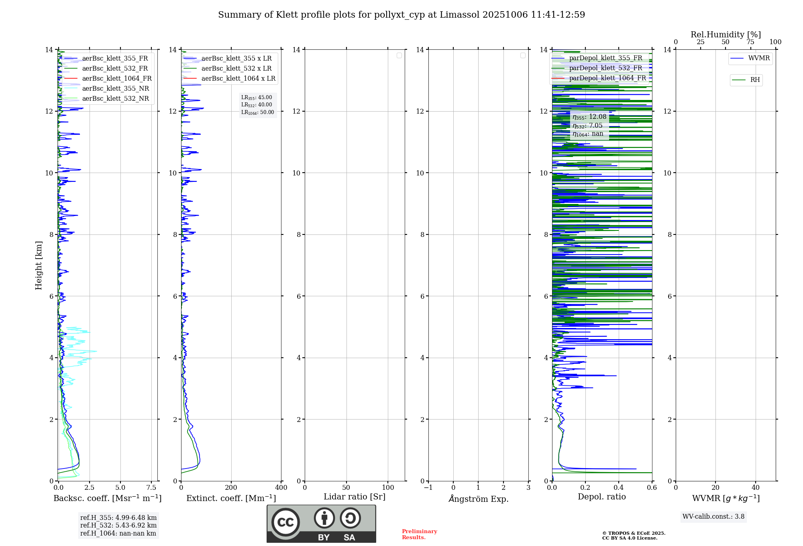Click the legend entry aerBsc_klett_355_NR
pyautogui.click(x=115, y=89)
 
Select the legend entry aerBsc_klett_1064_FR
pyautogui.click(x=116, y=79)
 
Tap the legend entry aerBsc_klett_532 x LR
pyautogui.click(x=236, y=69)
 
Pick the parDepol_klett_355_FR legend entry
pyautogui.click(x=605, y=58)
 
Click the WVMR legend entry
pyautogui.click(x=759, y=58)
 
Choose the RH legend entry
pyautogui.click(x=755, y=80)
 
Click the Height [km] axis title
pyautogui.click(x=39, y=265)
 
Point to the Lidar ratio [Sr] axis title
pyautogui.click(x=355, y=497)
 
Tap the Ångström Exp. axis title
pyautogui.click(x=478, y=499)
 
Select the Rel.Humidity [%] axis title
pyautogui.click(x=726, y=35)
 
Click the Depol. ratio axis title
pyautogui.click(x=601, y=497)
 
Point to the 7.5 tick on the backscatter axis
pyautogui.click(x=151, y=488)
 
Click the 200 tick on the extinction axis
pyautogui.click(x=231, y=488)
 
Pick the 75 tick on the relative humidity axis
pyautogui.click(x=750, y=42)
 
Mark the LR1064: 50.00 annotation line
pyautogui.click(x=257, y=112)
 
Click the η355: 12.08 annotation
pyautogui.click(x=589, y=117)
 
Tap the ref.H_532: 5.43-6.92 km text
pyautogui.click(x=118, y=526)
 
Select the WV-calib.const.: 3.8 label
pyautogui.click(x=713, y=517)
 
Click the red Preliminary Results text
pyautogui.click(x=419, y=534)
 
